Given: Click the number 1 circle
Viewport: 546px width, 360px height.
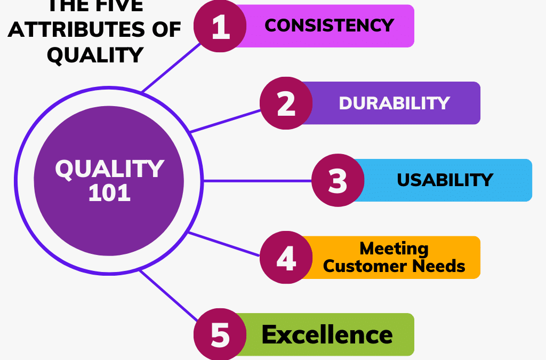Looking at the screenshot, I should [220, 27].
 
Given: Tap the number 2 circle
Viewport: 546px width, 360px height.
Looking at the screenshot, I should [286, 103].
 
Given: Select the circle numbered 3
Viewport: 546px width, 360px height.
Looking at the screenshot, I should [338, 180].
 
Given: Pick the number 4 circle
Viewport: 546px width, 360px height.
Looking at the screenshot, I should [286, 258].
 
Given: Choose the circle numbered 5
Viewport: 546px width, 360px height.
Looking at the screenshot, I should [220, 334].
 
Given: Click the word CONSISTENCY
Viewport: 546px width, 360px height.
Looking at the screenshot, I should [329, 25].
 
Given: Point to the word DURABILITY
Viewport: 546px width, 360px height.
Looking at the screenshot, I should [395, 103].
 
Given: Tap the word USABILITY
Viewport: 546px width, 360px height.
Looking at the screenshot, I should [445, 180].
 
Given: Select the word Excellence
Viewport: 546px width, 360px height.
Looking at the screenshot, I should [327, 335].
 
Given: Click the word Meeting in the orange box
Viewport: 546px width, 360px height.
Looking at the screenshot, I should [394, 249].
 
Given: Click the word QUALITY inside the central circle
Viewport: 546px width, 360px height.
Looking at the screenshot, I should [109, 170].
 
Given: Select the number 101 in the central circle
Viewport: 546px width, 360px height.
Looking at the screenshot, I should [109, 193].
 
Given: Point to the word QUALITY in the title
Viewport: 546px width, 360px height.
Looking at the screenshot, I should [95, 54].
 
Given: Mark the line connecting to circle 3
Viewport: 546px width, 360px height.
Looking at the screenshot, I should [256, 181].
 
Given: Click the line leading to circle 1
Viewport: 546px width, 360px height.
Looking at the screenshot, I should [171, 68].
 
